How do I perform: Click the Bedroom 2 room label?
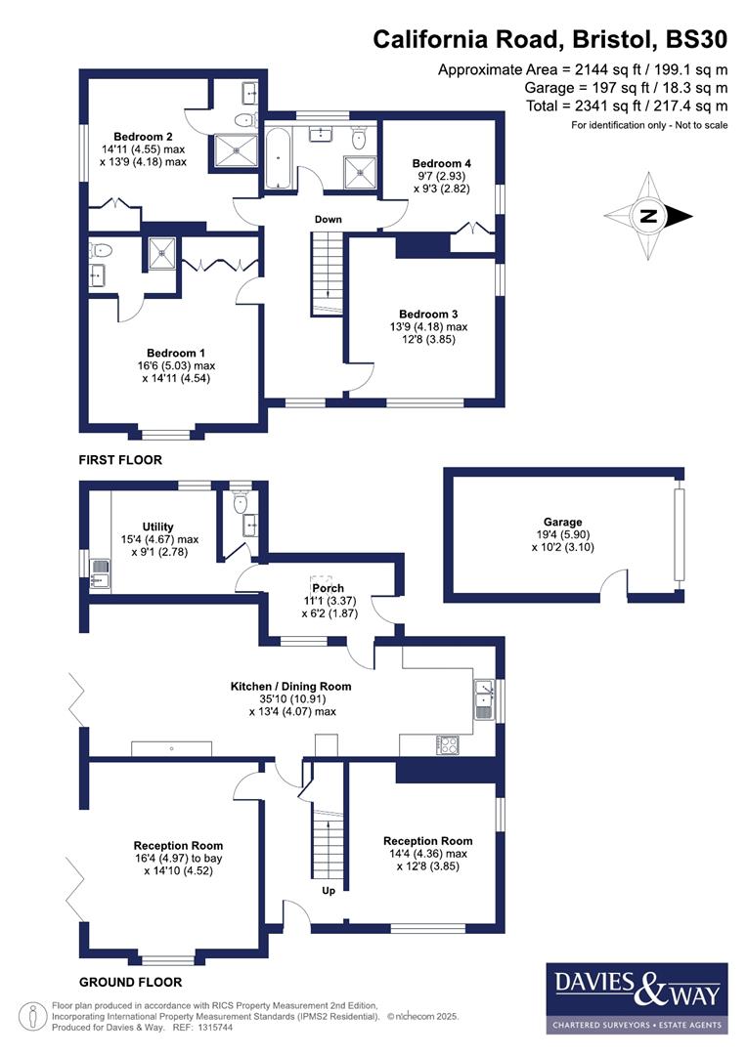[144, 136]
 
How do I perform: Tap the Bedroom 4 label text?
[441, 162]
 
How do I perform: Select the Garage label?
[563, 522]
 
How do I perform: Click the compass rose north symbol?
[647, 217]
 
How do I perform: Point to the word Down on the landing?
[328, 219]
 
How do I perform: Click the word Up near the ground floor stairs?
[329, 890]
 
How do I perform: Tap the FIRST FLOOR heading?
[121, 459]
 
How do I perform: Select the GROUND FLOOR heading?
[130, 982]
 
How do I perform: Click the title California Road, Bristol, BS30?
[550, 40]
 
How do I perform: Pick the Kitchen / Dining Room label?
[290, 687]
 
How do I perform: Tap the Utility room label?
[157, 527]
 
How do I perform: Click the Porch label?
[328, 588]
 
